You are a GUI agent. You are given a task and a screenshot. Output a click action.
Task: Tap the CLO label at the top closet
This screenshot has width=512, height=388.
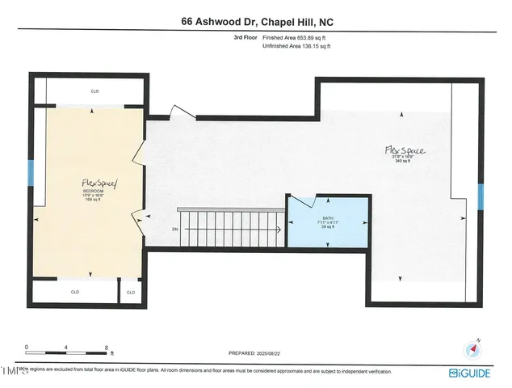(94, 91)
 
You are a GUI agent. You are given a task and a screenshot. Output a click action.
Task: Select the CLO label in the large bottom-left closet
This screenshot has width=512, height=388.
(74, 291)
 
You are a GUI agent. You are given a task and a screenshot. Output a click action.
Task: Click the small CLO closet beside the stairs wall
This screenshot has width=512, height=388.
(132, 291)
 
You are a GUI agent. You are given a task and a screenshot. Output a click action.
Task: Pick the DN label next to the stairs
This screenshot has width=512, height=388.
(164, 229)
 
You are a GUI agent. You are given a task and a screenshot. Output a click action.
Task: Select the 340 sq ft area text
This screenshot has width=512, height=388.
(403, 162)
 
